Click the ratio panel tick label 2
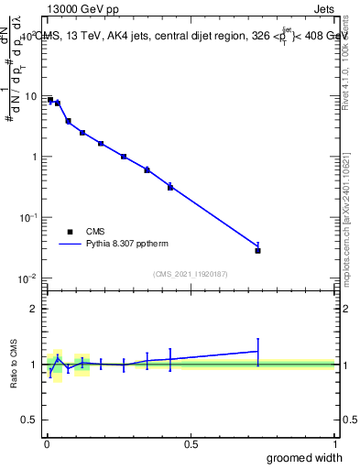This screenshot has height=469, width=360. tap(34, 309)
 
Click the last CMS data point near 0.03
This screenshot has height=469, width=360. tap(258, 250)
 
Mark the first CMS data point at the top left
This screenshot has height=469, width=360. tap(50, 100)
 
